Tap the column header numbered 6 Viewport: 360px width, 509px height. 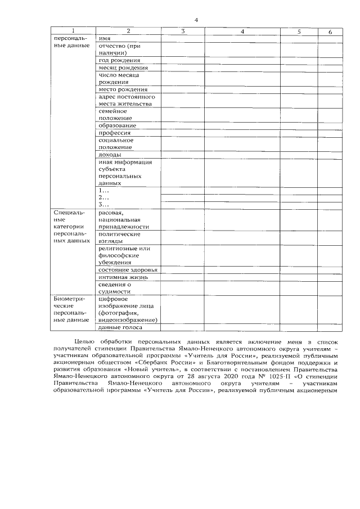tap(330, 31)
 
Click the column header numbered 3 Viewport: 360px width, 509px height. tap(183, 31)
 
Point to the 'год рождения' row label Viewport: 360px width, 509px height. tap(119, 60)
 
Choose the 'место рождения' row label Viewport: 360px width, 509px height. tap(123, 89)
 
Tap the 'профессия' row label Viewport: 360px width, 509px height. tap(114, 133)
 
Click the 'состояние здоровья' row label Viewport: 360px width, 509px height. tap(128, 270)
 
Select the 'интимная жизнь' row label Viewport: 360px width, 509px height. tap(123, 277)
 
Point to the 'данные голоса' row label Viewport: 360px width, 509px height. tap(120, 327)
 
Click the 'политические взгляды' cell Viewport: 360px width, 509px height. tap(119, 237)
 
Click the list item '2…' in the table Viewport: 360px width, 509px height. tap(103, 198)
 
